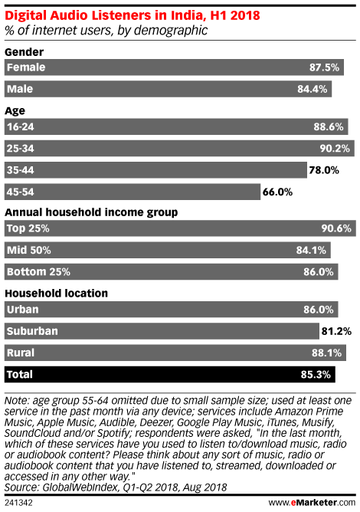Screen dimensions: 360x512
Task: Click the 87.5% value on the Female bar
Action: coord(325,67)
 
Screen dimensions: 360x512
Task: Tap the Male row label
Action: coord(20,89)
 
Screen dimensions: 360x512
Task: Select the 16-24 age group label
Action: coord(21,126)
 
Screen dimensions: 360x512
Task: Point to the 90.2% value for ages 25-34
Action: coord(335,149)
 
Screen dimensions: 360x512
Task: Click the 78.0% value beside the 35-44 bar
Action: coord(324,170)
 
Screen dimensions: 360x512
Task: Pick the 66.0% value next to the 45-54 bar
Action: coord(277,192)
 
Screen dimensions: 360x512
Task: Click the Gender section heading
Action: coord(25,52)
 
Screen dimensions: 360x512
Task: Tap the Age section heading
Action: coord(15,111)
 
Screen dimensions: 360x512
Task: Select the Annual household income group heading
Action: coord(91,212)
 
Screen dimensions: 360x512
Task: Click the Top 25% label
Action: coord(28,228)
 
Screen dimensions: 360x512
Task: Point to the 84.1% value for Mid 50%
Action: coord(311,251)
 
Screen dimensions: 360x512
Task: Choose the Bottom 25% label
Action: coord(38,271)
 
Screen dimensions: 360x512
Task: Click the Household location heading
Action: coord(56,294)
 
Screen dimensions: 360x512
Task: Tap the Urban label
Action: coord(23,309)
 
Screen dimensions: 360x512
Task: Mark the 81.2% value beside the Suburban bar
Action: coord(336,331)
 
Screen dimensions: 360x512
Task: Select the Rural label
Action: coord(21,353)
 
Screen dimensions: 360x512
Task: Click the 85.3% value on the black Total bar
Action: coord(316,375)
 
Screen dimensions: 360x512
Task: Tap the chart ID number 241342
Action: coord(18,503)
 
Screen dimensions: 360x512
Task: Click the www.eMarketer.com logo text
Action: coord(312,502)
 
